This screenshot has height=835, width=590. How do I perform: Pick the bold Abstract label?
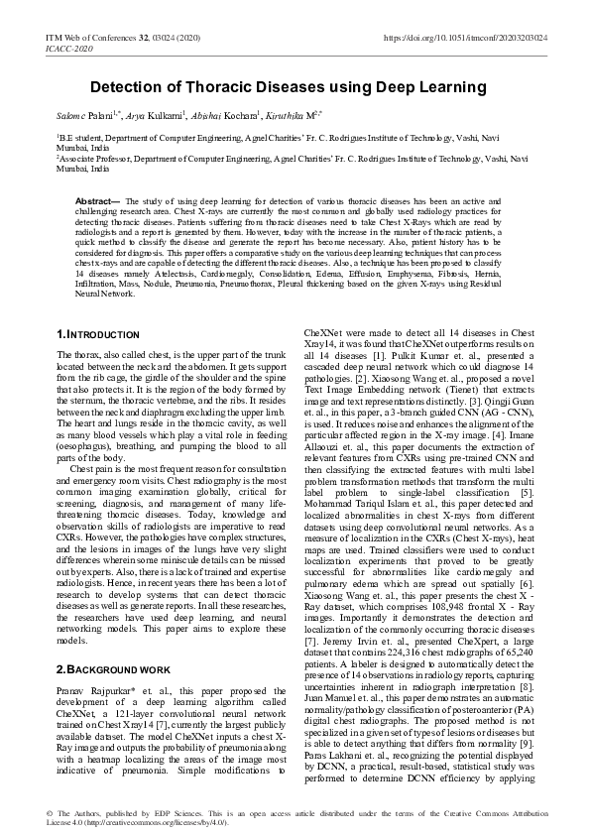(x=96, y=201)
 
